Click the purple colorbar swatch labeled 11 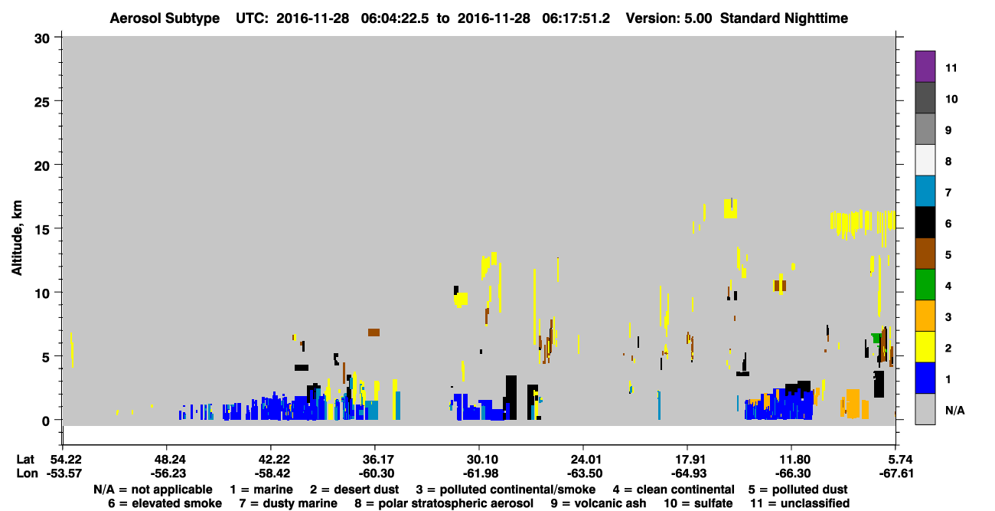click(x=925, y=67)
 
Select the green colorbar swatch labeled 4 click(x=925, y=285)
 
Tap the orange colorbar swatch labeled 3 click(x=925, y=316)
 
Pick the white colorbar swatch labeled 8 click(x=925, y=160)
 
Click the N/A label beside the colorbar click(x=954, y=410)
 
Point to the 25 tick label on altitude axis click(x=42, y=103)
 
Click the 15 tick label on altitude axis click(x=42, y=230)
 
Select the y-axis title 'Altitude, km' click(x=16, y=237)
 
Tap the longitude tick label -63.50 click(x=585, y=473)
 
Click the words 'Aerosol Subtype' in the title click(x=165, y=18)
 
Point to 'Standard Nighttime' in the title click(x=784, y=18)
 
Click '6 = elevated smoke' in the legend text click(x=165, y=503)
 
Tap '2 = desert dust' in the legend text click(x=354, y=490)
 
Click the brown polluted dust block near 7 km click(x=374, y=332)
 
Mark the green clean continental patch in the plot click(x=876, y=338)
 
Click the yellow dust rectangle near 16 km click(x=730, y=208)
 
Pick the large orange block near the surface click(x=853, y=404)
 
